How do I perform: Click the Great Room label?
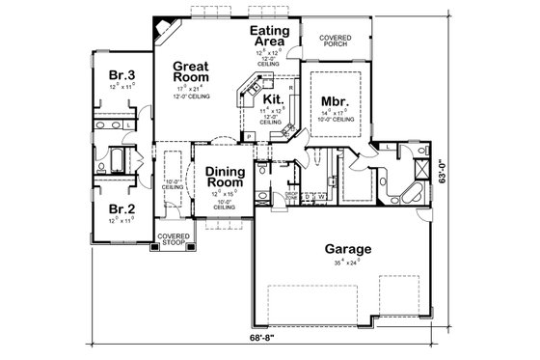(192, 74)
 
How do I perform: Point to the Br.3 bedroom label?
(121, 75)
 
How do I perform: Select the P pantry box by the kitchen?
(248, 138)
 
